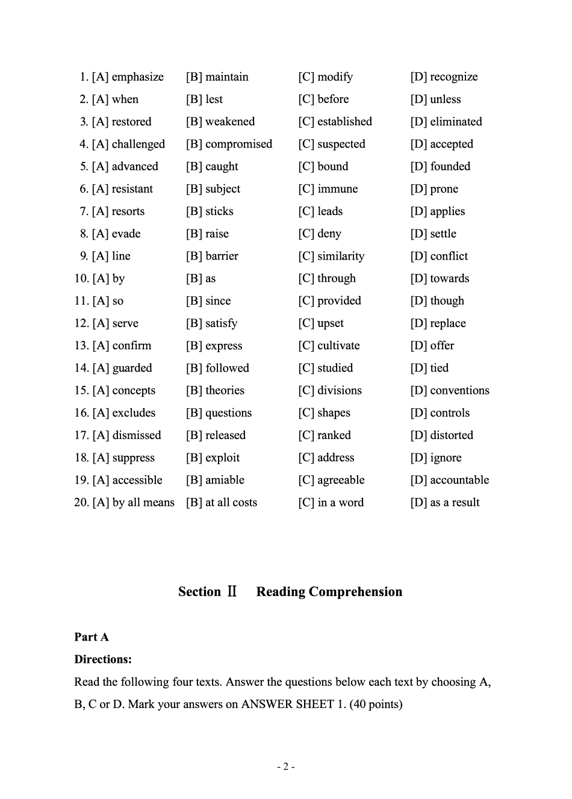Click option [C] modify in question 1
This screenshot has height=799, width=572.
[326, 77]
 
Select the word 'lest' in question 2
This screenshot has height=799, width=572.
[214, 99]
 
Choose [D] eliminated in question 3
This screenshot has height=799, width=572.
[446, 122]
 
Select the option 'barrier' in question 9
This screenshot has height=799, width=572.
[222, 256]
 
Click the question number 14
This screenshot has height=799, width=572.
[81, 368]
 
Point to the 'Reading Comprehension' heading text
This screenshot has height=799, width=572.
[329, 592]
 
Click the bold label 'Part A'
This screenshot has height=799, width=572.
[92, 637]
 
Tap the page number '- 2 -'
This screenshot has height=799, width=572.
[285, 766]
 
